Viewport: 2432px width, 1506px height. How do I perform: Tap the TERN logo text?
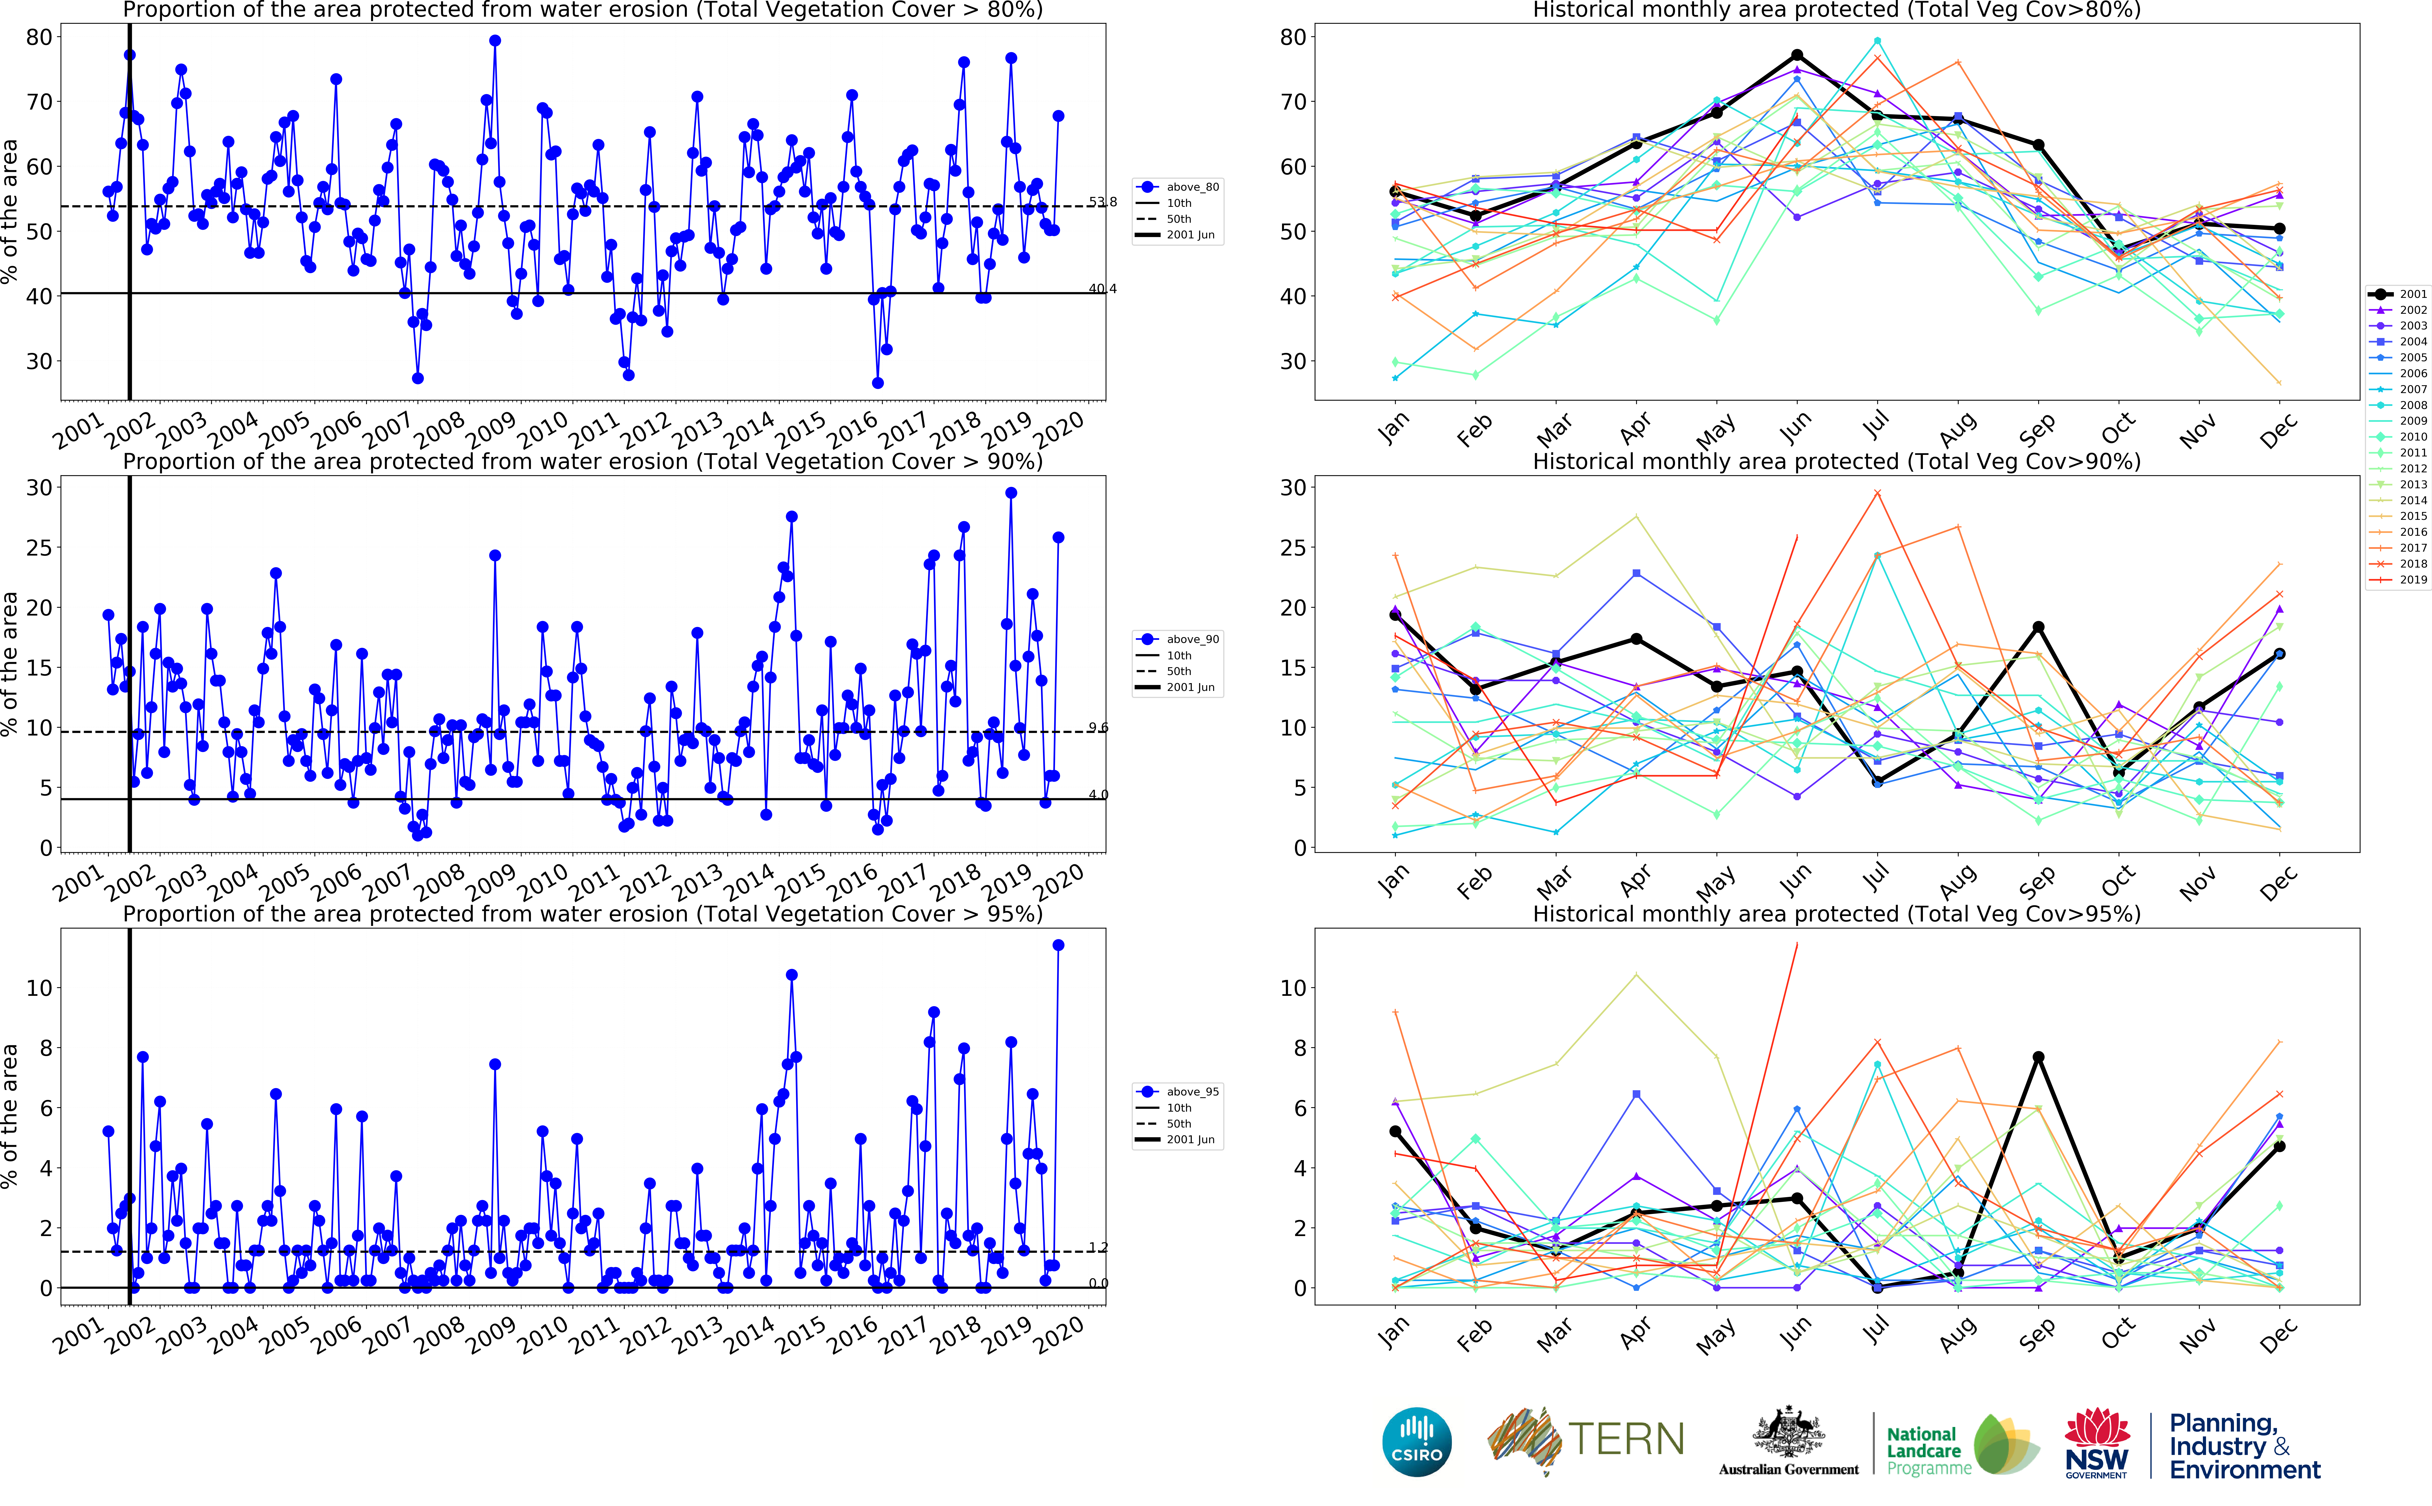click(x=1626, y=1439)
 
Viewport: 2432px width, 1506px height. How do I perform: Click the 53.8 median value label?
click(x=1102, y=202)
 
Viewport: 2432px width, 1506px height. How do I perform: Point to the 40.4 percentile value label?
click(x=1102, y=289)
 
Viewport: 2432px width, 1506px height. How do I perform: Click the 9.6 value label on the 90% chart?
click(x=1098, y=728)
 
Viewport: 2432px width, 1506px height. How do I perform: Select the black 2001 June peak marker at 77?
click(x=1796, y=56)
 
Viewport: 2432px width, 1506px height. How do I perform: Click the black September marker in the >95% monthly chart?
click(x=2038, y=1058)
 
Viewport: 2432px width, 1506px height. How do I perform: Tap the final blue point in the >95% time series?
click(x=1058, y=945)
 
